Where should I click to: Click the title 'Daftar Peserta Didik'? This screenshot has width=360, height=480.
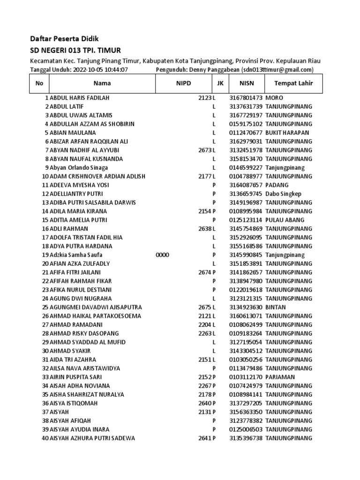click(64, 38)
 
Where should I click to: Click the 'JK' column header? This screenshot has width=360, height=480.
click(220, 84)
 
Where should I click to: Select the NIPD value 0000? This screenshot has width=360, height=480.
click(162, 255)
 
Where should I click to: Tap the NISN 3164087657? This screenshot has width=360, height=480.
click(246, 185)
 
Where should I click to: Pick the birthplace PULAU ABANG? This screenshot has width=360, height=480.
click(285, 220)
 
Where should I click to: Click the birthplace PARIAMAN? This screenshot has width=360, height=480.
click(281, 377)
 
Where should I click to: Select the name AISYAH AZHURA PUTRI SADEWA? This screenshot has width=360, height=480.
click(92, 438)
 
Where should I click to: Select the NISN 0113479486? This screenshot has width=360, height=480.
click(246, 368)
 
